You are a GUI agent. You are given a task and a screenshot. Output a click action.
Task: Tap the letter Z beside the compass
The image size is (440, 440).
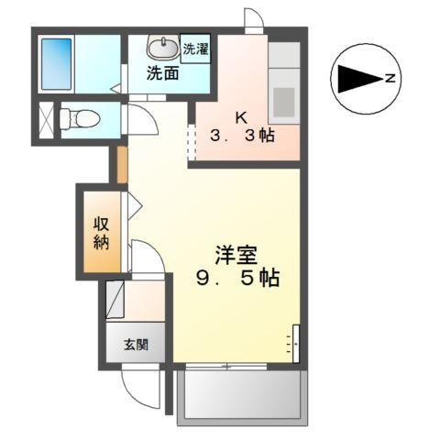pos(390,80)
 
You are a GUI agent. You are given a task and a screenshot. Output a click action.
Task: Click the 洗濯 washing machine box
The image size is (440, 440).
pos(194,49)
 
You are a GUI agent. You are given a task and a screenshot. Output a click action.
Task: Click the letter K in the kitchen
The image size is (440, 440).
pos(241,117)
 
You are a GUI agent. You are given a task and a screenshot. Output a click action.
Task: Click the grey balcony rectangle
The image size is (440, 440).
pos(242,396)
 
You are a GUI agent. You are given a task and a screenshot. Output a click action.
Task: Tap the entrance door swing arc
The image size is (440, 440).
pos(142,390)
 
